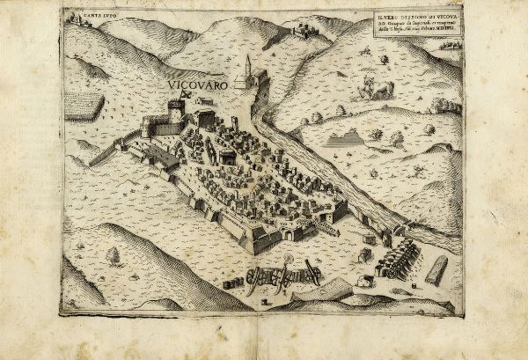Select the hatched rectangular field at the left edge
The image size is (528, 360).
pyautogui.click(x=84, y=107)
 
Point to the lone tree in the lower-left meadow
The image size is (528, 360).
pyautogui.click(x=113, y=254)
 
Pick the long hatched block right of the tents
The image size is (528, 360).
pyautogui.click(x=436, y=271)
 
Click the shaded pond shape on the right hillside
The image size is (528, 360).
pyautogui.click(x=345, y=139)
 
